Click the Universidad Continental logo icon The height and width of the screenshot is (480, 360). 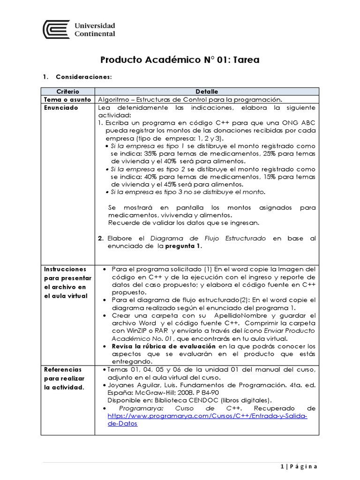tap(57, 30)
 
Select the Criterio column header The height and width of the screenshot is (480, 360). tap(67, 91)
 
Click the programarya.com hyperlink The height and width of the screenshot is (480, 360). tap(207, 420)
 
